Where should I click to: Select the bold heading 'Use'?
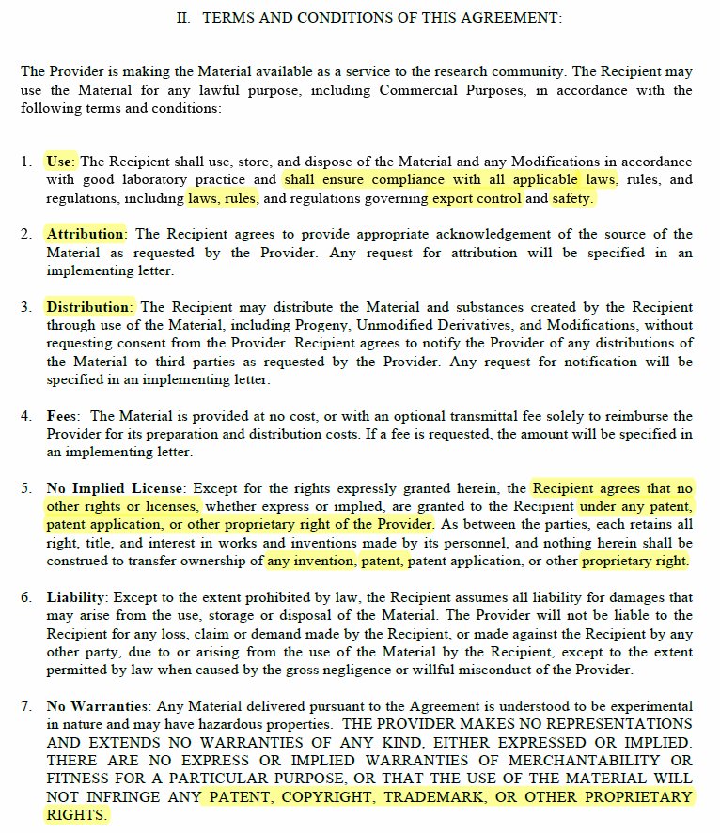click(60, 162)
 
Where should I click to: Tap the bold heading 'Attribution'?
click(85, 234)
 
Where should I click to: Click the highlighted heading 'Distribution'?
click(88, 307)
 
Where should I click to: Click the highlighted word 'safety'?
click(572, 198)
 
